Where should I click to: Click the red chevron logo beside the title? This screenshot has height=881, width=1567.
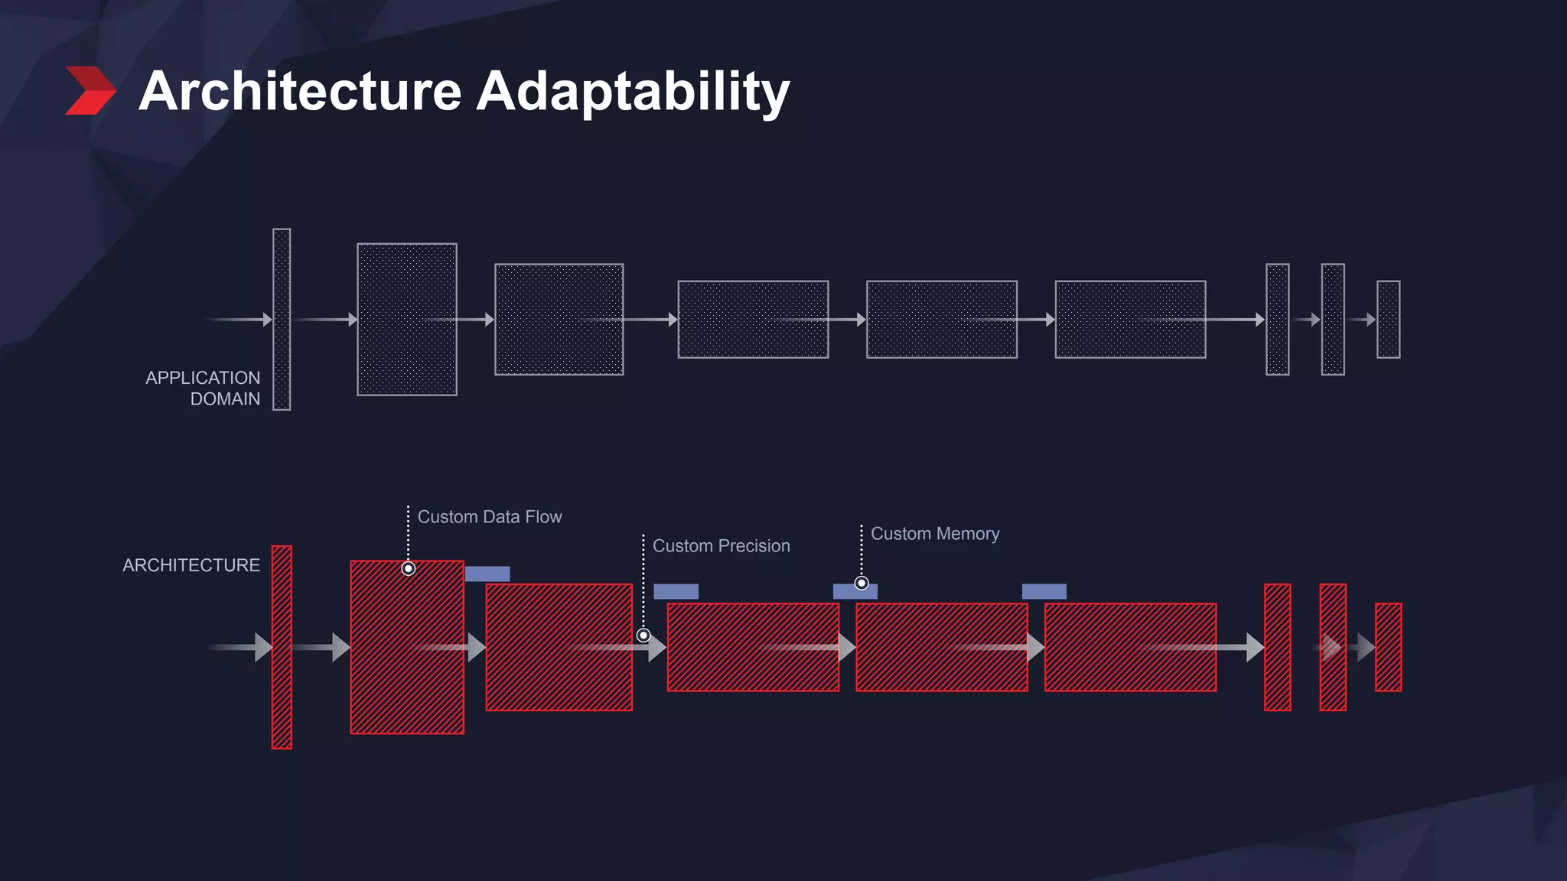coord(90,91)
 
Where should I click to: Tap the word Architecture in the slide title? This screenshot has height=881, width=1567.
coord(300,91)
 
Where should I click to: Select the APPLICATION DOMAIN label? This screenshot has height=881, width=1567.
coord(203,388)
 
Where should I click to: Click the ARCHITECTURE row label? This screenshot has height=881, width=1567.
coord(191,565)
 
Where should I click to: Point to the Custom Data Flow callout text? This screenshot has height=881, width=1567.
coord(490,517)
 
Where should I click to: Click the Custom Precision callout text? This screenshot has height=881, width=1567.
coord(721,546)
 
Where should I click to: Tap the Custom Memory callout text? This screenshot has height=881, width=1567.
coord(935,534)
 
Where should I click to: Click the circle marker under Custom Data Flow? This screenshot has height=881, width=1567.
coord(409,568)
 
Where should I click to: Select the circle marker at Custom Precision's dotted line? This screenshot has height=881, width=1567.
coord(643,636)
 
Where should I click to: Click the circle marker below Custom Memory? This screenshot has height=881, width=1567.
coord(862,584)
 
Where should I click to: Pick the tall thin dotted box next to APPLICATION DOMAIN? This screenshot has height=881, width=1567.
coord(282,320)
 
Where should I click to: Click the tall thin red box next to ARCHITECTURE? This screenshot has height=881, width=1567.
coord(282,647)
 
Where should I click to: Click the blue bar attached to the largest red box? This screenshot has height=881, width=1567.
coord(487,574)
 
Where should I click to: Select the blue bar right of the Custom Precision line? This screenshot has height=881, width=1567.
coord(676,591)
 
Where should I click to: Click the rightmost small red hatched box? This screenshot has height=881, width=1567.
coord(1388,647)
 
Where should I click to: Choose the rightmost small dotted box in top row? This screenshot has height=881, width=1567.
coord(1388,320)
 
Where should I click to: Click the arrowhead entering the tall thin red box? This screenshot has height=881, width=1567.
coord(263,647)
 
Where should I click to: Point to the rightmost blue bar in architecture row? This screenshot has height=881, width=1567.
coord(1044,591)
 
